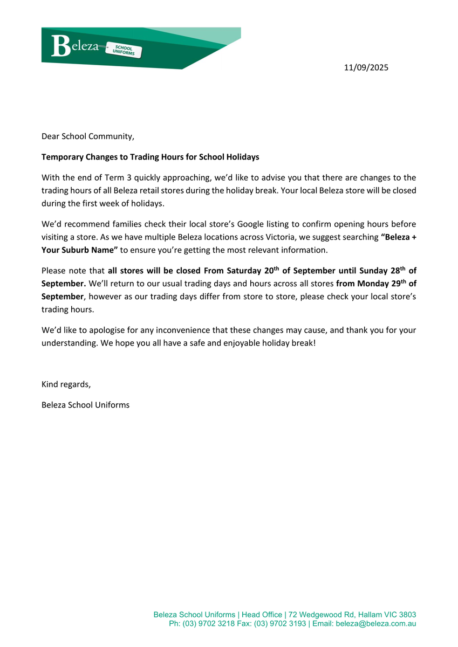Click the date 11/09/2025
366,68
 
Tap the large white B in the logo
60,47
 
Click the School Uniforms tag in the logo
125,51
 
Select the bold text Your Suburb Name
79,250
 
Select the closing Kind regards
66,384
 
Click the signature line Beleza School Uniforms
85,404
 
